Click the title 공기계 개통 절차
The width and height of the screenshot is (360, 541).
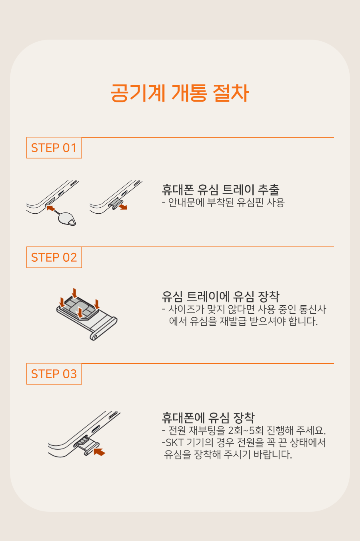[180, 93]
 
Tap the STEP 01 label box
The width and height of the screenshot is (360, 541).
[54, 148]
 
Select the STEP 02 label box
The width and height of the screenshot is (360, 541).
[54, 257]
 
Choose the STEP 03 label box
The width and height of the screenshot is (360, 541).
[54, 374]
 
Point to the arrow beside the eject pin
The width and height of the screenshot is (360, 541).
[51, 208]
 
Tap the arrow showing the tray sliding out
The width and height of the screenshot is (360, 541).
[123, 206]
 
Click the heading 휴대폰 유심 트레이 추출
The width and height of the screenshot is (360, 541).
[220, 190]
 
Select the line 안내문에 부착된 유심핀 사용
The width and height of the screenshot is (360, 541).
[223, 202]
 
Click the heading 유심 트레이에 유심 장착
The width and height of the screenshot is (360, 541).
[220, 297]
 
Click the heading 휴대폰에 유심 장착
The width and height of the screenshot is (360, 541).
[208, 418]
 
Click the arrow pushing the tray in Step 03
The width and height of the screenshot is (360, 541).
[99, 452]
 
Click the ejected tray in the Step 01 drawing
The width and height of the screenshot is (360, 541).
[116, 204]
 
